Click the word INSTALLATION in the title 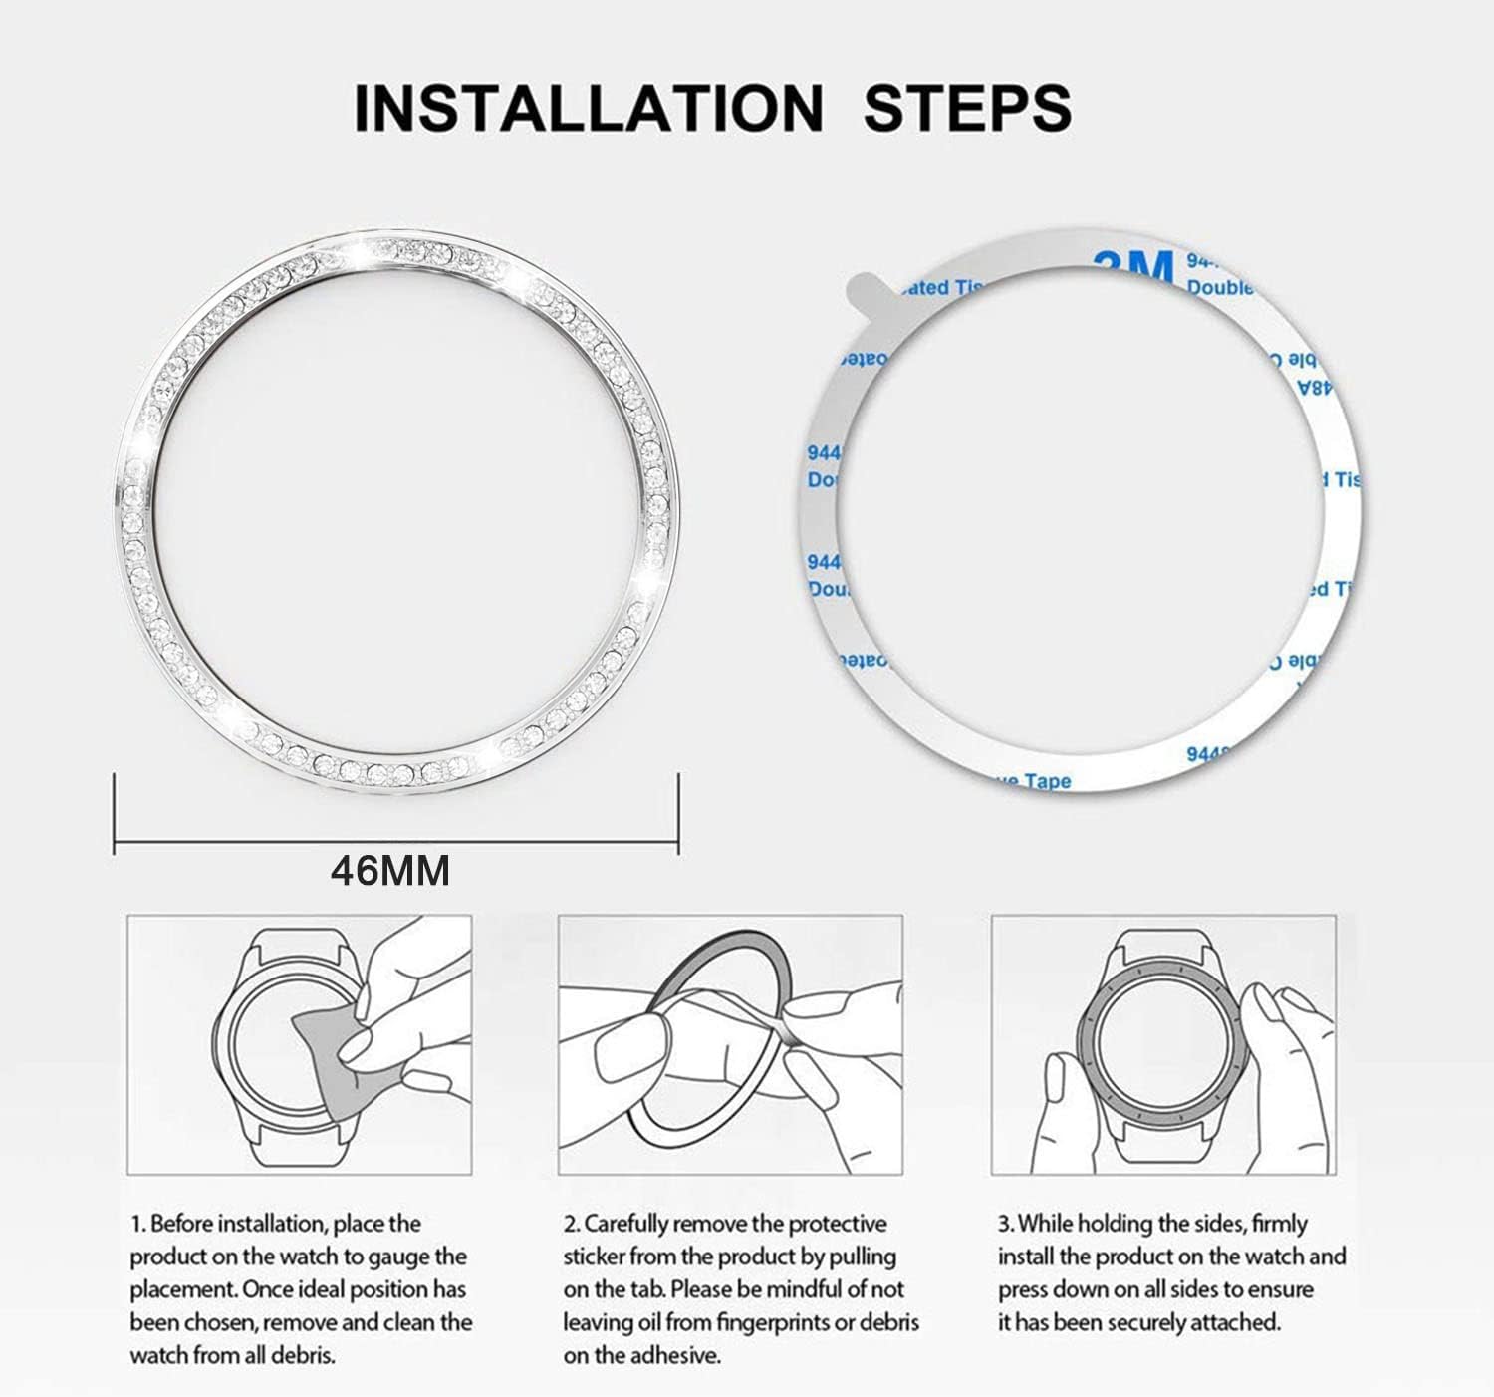(588, 108)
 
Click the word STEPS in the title (966, 108)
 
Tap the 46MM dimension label (390, 871)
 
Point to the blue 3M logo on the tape (1132, 266)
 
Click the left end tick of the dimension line (116, 813)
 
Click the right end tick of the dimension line (678, 813)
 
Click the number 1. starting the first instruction (137, 1224)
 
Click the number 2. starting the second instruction (571, 1224)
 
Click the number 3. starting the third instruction (1006, 1224)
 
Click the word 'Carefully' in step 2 (633, 1224)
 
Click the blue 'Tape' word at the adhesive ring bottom (1045, 781)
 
